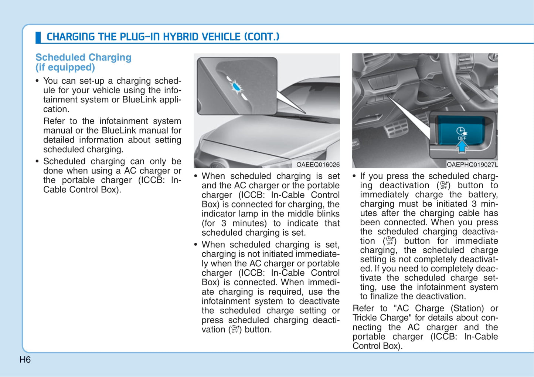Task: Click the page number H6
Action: [25, 360]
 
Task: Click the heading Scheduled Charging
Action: [83, 57]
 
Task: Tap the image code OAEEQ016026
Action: [317, 165]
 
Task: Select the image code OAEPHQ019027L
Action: [472, 165]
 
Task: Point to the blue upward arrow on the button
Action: [462, 147]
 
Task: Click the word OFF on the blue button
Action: [462, 138]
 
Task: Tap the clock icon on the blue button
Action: [461, 131]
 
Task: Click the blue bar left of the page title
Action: [38, 37]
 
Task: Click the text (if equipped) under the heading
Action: [65, 67]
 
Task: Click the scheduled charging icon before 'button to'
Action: [443, 185]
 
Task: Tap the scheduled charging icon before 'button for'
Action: [390, 241]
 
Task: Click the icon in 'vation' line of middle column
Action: [235, 330]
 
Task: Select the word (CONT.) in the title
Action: [262, 37]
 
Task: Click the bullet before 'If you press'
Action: [354, 176]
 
